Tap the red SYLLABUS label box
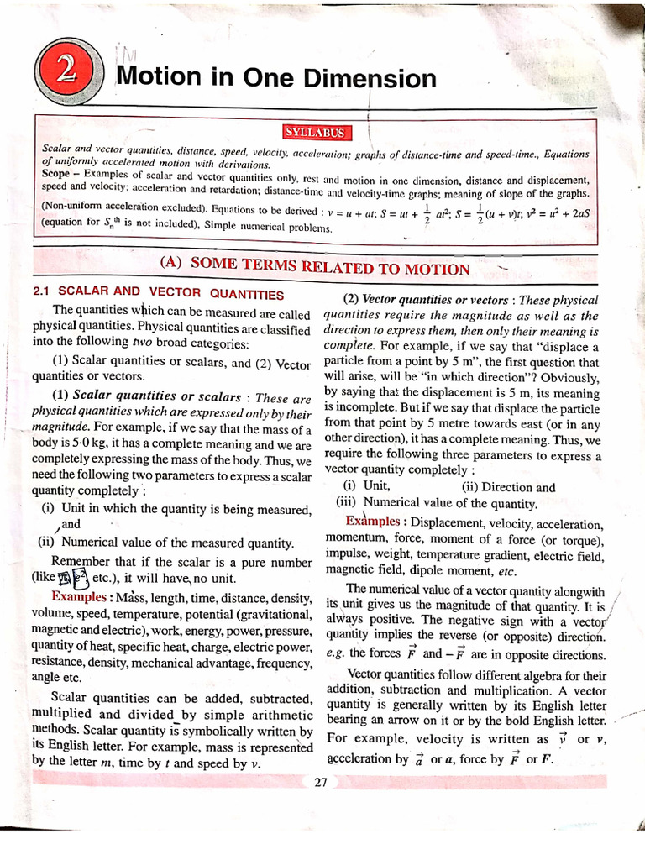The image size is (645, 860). pos(317,133)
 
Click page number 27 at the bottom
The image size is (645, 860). pos(320,784)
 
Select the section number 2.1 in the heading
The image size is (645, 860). pos(43,291)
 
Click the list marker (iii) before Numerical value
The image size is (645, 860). pos(348,504)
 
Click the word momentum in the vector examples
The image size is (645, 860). pos(354,537)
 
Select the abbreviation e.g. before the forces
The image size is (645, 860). pos(335,653)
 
